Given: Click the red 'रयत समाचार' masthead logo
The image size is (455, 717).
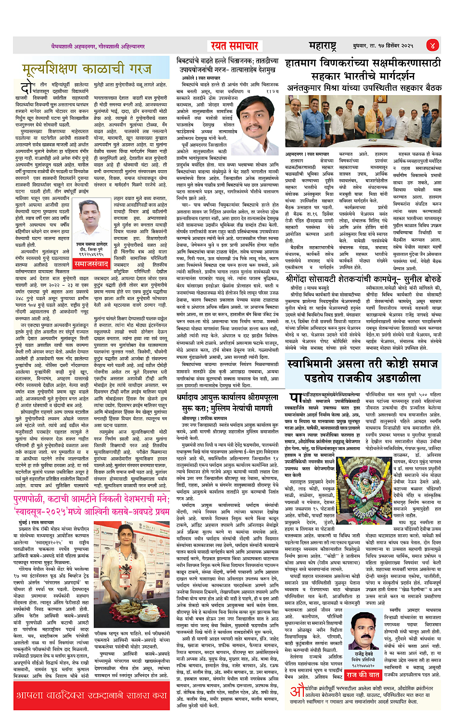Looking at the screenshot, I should [234, 46].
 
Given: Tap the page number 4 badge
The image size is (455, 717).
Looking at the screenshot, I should [432, 45].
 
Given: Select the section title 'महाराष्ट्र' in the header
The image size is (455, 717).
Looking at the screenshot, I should [322, 46].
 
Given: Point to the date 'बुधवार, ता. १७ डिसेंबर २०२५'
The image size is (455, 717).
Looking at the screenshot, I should [383, 46].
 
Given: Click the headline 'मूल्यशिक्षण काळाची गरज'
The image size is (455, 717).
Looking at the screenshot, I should [87, 70].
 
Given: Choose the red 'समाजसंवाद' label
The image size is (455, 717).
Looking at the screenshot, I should [91, 264].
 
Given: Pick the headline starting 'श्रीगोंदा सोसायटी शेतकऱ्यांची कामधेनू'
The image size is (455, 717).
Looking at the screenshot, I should [364, 279].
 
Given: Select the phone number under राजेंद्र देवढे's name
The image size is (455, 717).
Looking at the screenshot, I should [364, 666].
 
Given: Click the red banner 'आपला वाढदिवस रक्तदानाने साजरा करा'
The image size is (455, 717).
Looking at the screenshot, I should [91, 695].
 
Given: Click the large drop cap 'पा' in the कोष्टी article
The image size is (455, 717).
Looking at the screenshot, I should [295, 399].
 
